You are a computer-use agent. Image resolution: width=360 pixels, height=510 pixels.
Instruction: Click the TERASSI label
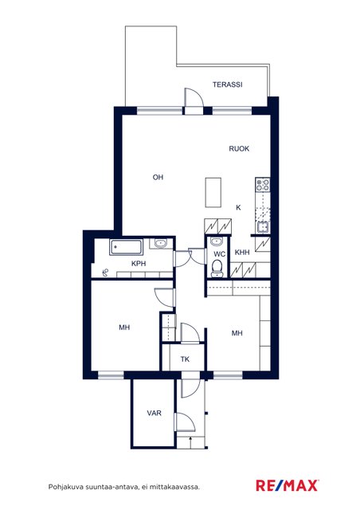pos(227,84)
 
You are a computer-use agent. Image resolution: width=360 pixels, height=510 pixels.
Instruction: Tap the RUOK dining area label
pos(239,149)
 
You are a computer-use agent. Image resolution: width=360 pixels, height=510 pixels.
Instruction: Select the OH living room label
pos(158,177)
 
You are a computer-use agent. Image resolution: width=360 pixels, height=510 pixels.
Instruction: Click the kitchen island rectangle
pos(213,193)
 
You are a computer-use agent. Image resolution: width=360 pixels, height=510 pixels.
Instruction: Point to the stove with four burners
pos(263,185)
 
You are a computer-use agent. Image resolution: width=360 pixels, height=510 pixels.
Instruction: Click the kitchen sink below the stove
pos(263,226)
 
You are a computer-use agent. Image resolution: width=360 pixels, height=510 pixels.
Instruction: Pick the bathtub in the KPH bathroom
pos(126,248)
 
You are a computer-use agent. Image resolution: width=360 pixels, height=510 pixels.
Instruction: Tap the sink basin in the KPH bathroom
pos(160,243)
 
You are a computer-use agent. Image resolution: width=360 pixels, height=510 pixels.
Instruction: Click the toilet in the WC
pos(217,269)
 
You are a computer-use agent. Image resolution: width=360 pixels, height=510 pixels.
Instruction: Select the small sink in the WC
pos(216,241)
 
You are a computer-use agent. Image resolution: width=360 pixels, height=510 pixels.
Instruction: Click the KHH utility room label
pos(242,252)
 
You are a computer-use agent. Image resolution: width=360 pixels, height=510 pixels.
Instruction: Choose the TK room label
pos(185,359)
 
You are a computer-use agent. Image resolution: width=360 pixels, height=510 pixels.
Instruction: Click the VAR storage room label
pos(155,413)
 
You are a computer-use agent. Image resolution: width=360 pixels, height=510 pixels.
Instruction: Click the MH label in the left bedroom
pos(124,328)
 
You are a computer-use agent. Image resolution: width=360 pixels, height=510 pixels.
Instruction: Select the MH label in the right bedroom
pos(237,333)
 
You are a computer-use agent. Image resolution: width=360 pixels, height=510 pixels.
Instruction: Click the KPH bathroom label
pos(139,264)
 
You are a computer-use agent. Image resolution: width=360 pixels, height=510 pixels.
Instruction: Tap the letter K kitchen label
pos(238,207)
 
